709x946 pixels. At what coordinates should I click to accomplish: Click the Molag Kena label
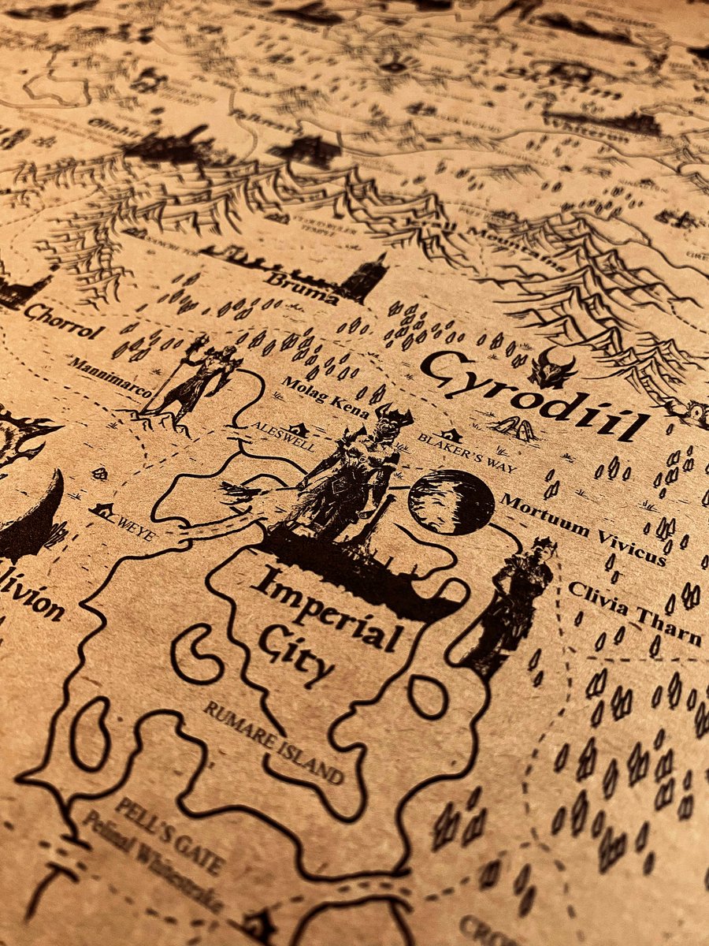(x=318, y=393)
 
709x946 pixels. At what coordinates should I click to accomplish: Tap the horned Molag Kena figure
(x=354, y=473)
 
